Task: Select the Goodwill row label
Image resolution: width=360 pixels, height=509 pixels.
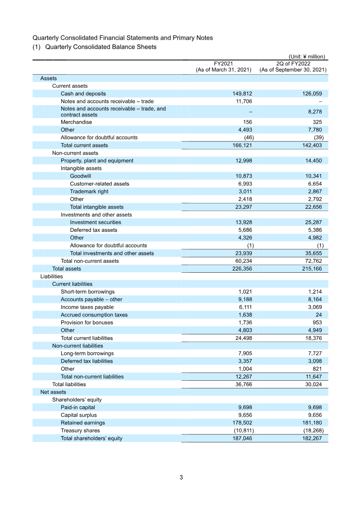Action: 80,176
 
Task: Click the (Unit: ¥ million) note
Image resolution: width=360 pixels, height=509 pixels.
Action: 306,57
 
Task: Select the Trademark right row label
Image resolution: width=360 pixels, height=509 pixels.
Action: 89,191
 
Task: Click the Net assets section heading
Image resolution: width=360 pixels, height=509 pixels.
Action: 53,392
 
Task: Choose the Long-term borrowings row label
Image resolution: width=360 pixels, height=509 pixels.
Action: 87,353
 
